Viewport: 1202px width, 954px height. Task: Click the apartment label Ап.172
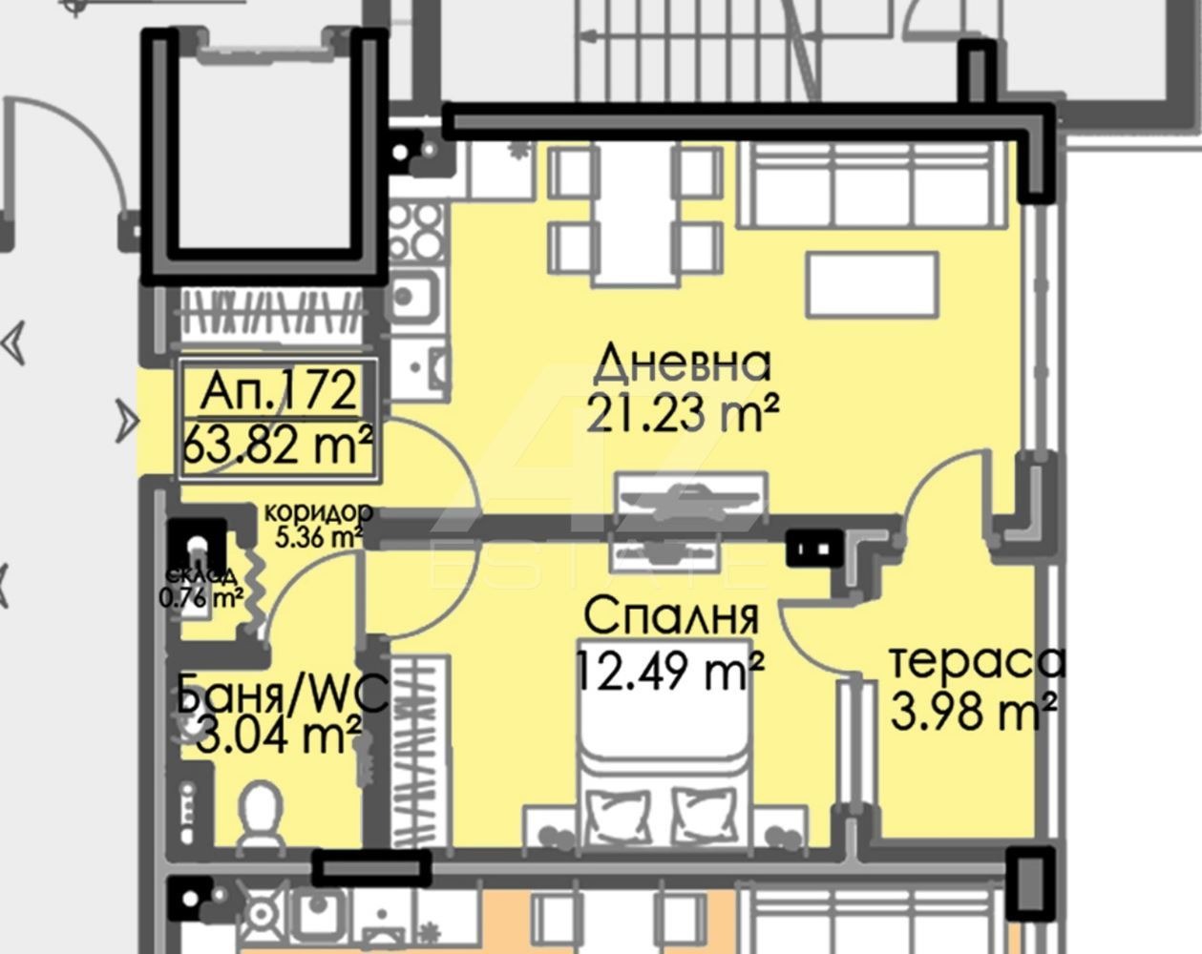pyautogui.click(x=278, y=391)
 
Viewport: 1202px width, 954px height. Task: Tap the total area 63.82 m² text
pyautogui.click(x=277, y=447)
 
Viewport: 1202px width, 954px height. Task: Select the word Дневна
pyautogui.click(x=682, y=365)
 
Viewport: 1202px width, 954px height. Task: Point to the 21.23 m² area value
pyautogui.click(x=682, y=414)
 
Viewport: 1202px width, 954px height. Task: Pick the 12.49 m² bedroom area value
pyautogui.click(x=668, y=671)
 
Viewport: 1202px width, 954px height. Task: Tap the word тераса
pyautogui.click(x=977, y=663)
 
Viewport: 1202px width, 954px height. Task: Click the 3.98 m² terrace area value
pyautogui.click(x=973, y=711)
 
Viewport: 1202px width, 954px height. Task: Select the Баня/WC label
pyautogui.click(x=282, y=694)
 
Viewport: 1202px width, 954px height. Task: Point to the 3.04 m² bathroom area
pyautogui.click(x=278, y=736)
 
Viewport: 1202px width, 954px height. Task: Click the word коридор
pyautogui.click(x=317, y=512)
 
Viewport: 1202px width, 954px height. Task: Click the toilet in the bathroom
pyautogui.click(x=261, y=816)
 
